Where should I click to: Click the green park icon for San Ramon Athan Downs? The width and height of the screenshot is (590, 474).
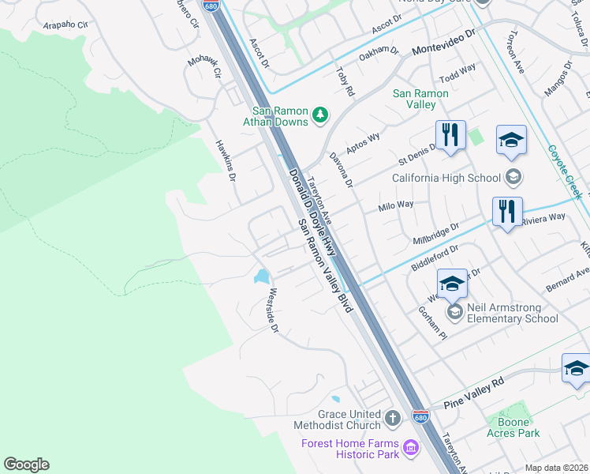coord(320,115)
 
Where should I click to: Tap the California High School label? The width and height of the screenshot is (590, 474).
coord(441,178)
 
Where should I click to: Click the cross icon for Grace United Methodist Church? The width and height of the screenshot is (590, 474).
coord(394,416)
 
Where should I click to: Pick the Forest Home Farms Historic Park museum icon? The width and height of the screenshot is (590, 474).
coord(410,449)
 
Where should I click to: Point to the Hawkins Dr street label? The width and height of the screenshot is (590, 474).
coord(226,160)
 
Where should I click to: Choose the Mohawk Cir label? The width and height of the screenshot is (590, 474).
coord(203,67)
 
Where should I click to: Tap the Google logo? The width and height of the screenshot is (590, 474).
coord(26,465)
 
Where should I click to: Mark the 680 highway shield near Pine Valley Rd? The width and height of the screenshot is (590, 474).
coord(421,416)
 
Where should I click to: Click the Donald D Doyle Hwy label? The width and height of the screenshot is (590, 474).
coord(313,213)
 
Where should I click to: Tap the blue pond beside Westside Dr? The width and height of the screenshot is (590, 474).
coord(260,276)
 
